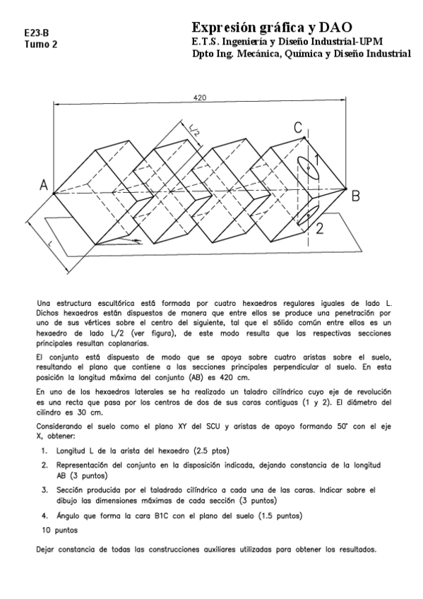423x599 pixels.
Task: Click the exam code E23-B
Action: tap(36, 32)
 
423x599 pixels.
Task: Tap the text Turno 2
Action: tap(41, 44)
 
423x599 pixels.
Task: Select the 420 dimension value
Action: tap(200, 98)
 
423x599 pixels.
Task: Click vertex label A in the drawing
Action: tap(44, 186)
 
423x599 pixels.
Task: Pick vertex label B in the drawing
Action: tap(357, 195)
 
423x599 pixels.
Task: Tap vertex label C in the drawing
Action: tap(298, 127)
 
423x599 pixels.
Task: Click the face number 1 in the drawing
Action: tap(317, 160)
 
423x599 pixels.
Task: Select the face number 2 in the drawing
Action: tap(319, 227)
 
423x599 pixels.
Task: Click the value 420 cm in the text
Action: tap(234, 378)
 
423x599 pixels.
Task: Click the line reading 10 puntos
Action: tap(59, 529)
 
